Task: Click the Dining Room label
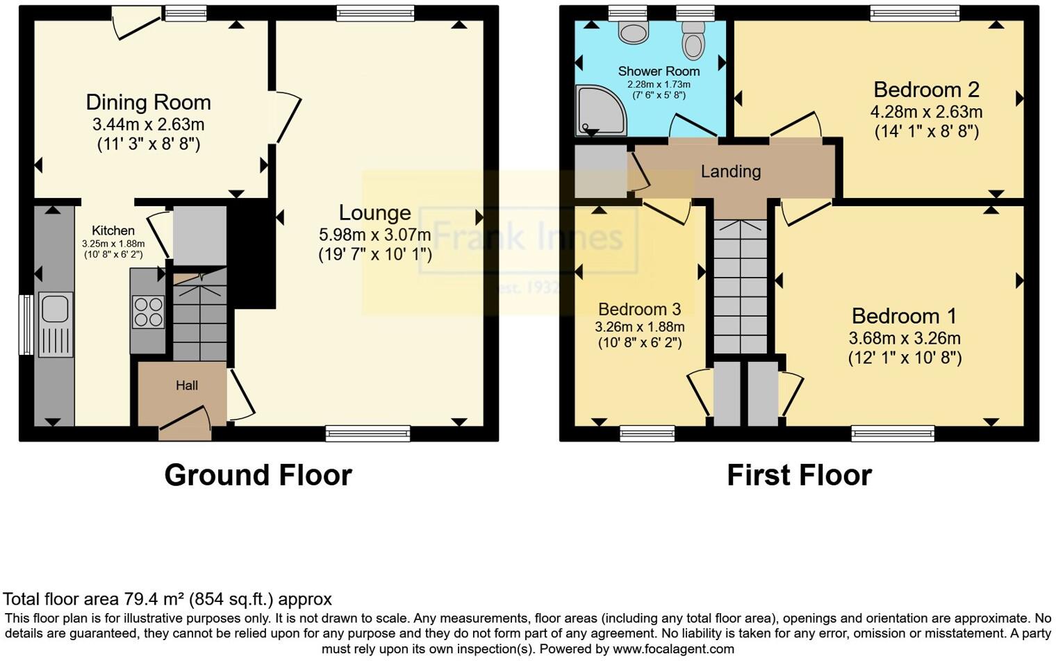coord(148,103)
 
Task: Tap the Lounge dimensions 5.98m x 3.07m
coord(374,235)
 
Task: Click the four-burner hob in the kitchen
coord(148,312)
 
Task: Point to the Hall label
coord(186,385)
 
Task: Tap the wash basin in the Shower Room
coord(633,32)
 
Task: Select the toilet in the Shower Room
coord(693,41)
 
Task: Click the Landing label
coord(730,171)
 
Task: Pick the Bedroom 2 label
coord(925,90)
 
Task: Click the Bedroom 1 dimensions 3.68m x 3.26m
coord(904,338)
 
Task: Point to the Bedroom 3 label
coord(639,309)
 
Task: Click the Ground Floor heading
coord(258,476)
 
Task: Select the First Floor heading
coord(799,476)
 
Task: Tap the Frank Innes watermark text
coord(528,237)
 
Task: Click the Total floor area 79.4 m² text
coord(167,599)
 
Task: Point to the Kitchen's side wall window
coord(26,324)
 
